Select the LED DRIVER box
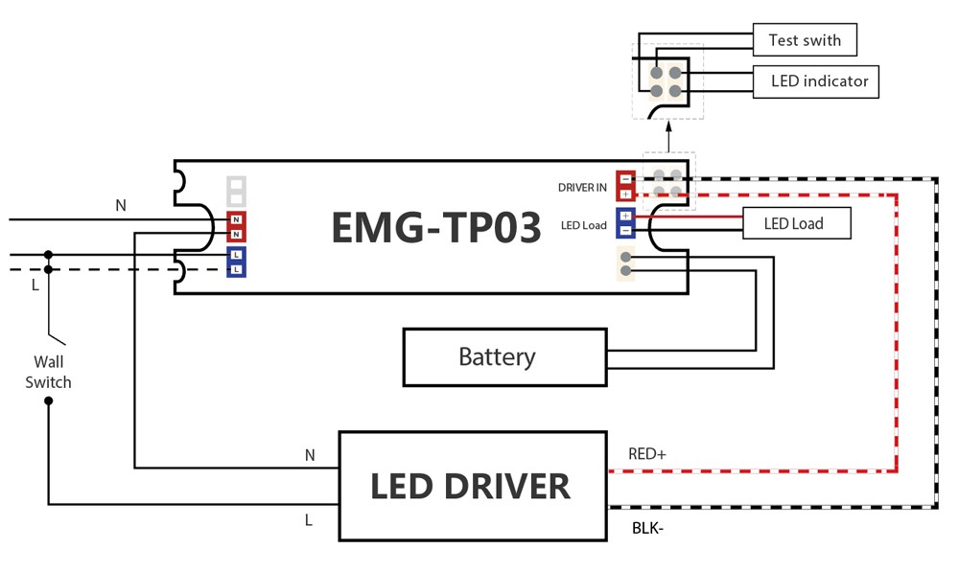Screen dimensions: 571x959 (473, 486)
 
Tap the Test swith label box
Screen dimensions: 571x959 (804, 40)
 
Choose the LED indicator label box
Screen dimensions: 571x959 (817, 81)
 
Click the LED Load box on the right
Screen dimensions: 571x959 (796, 224)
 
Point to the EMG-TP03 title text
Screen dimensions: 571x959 (436, 227)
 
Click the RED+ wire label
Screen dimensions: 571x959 (646, 454)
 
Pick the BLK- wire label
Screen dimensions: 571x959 (647, 527)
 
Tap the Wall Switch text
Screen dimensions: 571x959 (49, 372)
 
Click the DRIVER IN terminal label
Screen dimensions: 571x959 (582, 188)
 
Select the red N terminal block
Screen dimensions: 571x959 (236, 227)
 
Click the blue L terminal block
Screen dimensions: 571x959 (236, 262)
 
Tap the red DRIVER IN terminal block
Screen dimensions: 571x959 (625, 186)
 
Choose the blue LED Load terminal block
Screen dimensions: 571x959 (625, 223)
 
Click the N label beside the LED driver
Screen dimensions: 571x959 (310, 455)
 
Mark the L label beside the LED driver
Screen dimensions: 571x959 (309, 520)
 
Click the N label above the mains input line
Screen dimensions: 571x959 (121, 205)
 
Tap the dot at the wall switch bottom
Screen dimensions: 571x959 (49, 400)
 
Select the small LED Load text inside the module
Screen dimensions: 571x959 (584, 226)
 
